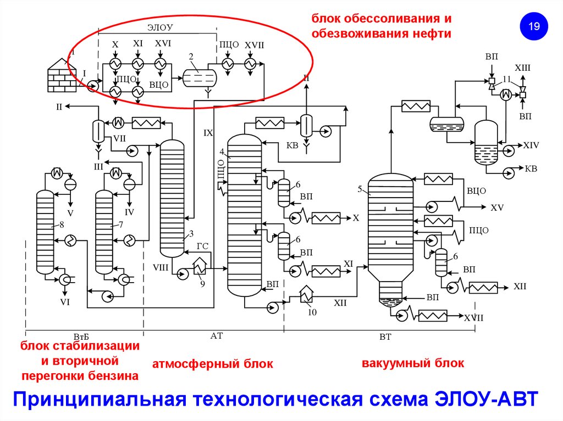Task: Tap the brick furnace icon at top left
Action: pos(61,75)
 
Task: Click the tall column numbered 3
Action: pos(172,198)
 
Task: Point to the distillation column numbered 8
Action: pos(45,231)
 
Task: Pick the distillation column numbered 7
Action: pos(104,231)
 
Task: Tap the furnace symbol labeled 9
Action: pos(198,266)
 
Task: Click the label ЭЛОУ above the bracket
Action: pos(161,26)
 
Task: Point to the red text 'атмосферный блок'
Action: pos(212,364)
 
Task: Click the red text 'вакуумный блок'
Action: pos(413,363)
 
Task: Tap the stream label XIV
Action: pos(531,145)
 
